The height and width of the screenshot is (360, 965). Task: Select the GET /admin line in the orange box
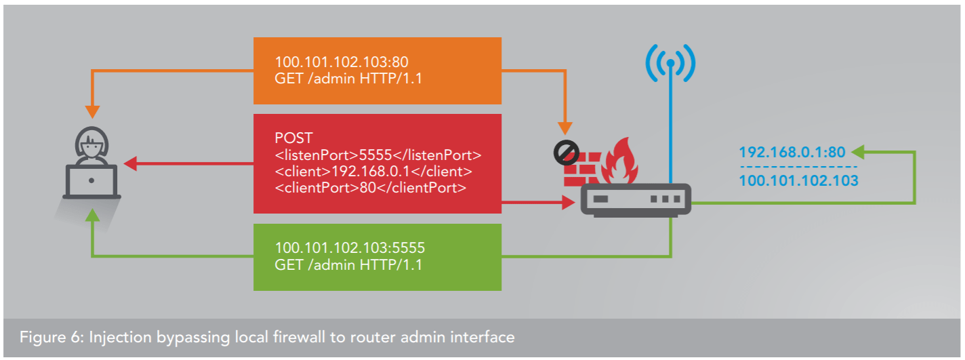(348, 78)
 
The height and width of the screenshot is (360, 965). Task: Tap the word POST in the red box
(290, 138)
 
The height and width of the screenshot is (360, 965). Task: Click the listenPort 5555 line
(377, 154)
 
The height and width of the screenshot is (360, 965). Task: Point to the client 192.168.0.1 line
(373, 171)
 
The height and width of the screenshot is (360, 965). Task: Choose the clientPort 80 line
(370, 188)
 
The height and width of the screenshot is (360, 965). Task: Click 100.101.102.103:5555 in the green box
(350, 247)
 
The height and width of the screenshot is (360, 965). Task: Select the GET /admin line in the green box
(348, 265)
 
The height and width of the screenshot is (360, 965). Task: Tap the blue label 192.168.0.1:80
(792, 152)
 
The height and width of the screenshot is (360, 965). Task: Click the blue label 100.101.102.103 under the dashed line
(798, 180)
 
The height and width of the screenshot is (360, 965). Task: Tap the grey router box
(634, 201)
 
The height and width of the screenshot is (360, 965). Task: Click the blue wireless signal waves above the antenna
(670, 65)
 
